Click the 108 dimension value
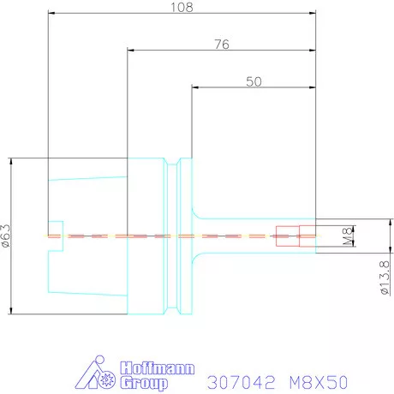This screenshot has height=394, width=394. [182, 7]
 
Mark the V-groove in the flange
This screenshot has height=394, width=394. [177, 163]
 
